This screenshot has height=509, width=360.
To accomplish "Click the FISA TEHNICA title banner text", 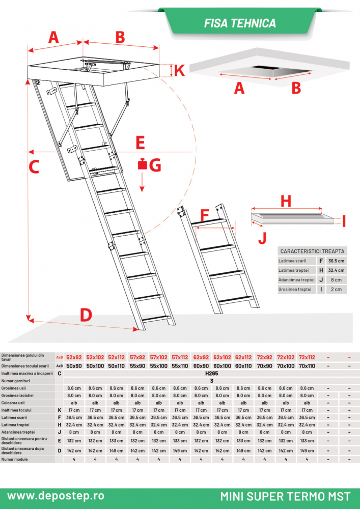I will (240, 23).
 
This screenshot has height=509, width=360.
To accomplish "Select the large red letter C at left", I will (34, 166).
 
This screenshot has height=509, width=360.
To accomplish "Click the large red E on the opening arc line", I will (140, 143).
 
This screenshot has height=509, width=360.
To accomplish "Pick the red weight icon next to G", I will (143, 164).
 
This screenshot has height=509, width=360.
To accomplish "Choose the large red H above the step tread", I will (286, 201).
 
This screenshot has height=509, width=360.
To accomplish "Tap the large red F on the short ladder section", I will (204, 215).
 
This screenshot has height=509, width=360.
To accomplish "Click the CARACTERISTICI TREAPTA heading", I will (312, 251).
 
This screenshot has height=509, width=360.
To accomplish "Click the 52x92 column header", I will (74, 357).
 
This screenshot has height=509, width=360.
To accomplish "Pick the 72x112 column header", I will (307, 357).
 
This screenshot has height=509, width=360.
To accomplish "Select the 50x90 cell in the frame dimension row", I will (74, 365).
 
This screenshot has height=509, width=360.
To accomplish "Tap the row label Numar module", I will (15, 459).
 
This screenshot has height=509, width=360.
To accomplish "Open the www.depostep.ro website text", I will (56, 495).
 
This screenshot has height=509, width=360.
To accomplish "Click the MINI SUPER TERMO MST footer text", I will (285, 496).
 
